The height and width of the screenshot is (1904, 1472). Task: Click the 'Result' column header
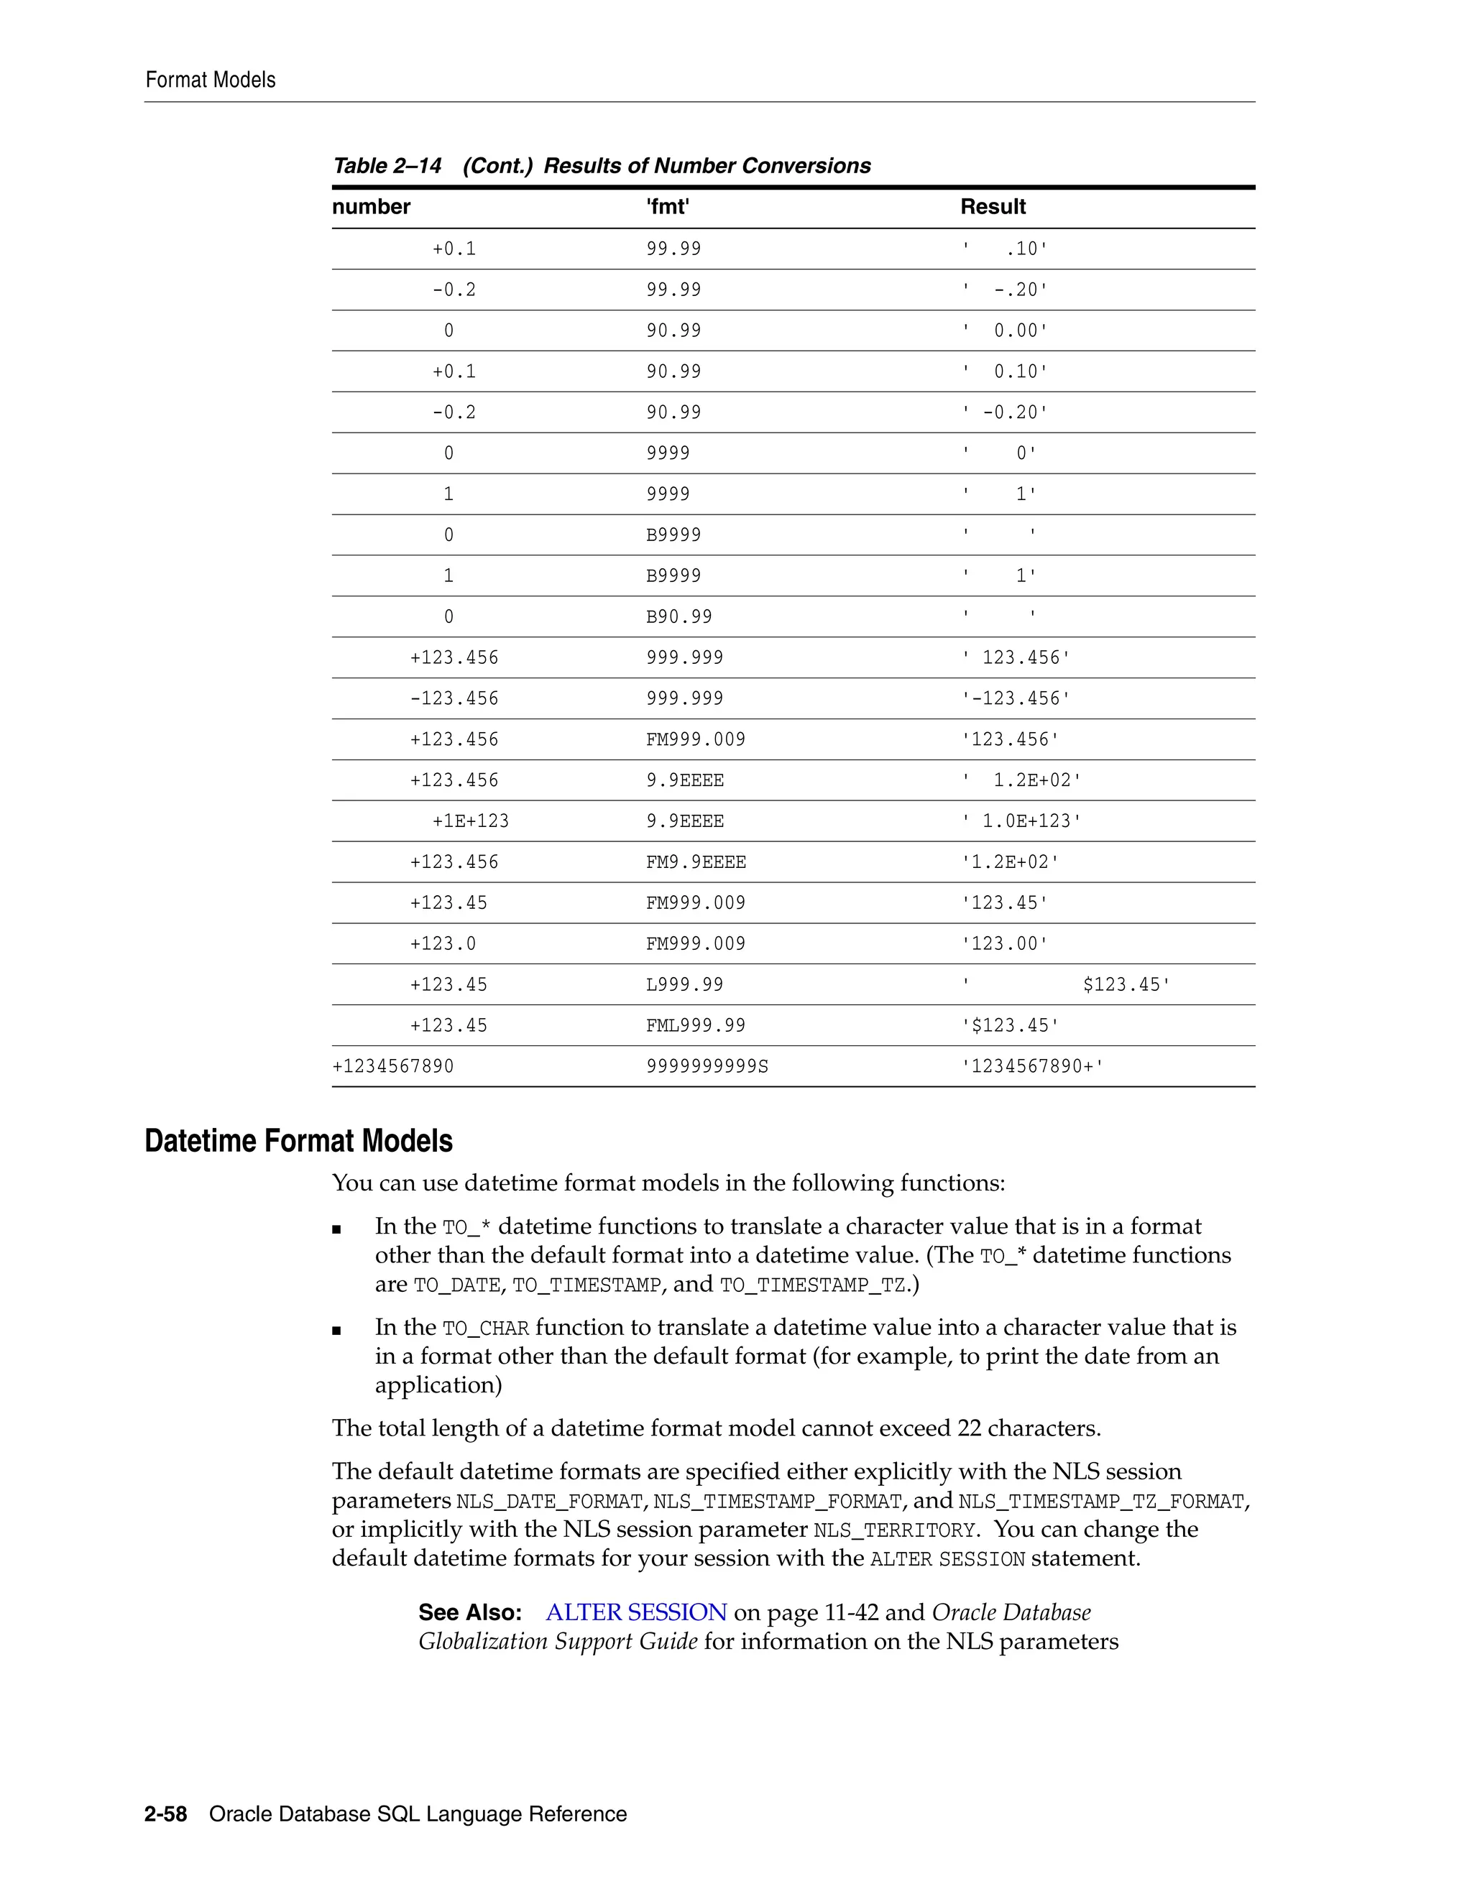(993, 207)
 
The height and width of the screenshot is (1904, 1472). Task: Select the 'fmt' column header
(667, 207)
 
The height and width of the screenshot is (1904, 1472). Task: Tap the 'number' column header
(371, 207)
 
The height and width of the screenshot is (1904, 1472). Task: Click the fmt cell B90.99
(678, 617)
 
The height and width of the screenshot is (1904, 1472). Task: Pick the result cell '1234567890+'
(1031, 1066)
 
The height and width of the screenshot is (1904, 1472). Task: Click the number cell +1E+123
(470, 821)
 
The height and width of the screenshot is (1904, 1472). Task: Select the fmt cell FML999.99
(695, 1025)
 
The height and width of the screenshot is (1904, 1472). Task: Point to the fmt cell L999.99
(684, 984)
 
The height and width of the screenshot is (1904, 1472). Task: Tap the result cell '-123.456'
(1015, 698)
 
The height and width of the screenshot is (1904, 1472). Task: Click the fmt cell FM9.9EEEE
(695, 862)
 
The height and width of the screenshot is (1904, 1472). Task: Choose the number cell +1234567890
(392, 1066)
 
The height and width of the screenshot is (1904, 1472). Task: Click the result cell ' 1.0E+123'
(1021, 821)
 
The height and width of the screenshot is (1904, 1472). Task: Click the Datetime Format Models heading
(298, 1141)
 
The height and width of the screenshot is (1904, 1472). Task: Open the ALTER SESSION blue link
(635, 1612)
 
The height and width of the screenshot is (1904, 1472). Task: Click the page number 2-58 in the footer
(166, 1814)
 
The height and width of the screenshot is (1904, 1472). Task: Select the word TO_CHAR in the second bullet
(486, 1328)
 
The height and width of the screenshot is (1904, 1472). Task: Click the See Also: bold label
(469, 1612)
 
